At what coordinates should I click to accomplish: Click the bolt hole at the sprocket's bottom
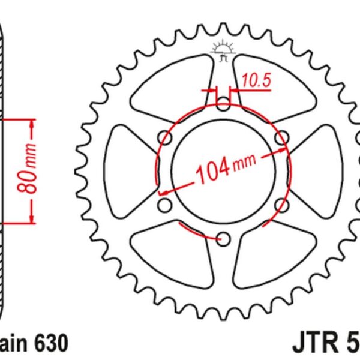pyautogui.click(x=223, y=239)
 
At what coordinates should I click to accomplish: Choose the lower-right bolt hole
pyautogui.click(x=280, y=206)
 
